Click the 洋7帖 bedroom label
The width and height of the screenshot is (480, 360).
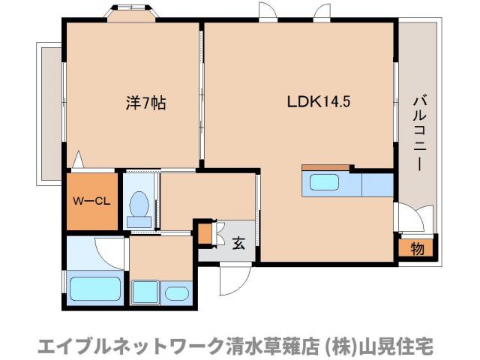[x=145, y=103]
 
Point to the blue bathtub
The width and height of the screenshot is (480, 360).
[x=95, y=289]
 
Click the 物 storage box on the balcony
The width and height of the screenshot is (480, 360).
[x=416, y=248]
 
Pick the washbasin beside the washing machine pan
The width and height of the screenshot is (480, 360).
[x=177, y=293]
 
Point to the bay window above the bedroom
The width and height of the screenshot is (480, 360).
[x=131, y=13]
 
